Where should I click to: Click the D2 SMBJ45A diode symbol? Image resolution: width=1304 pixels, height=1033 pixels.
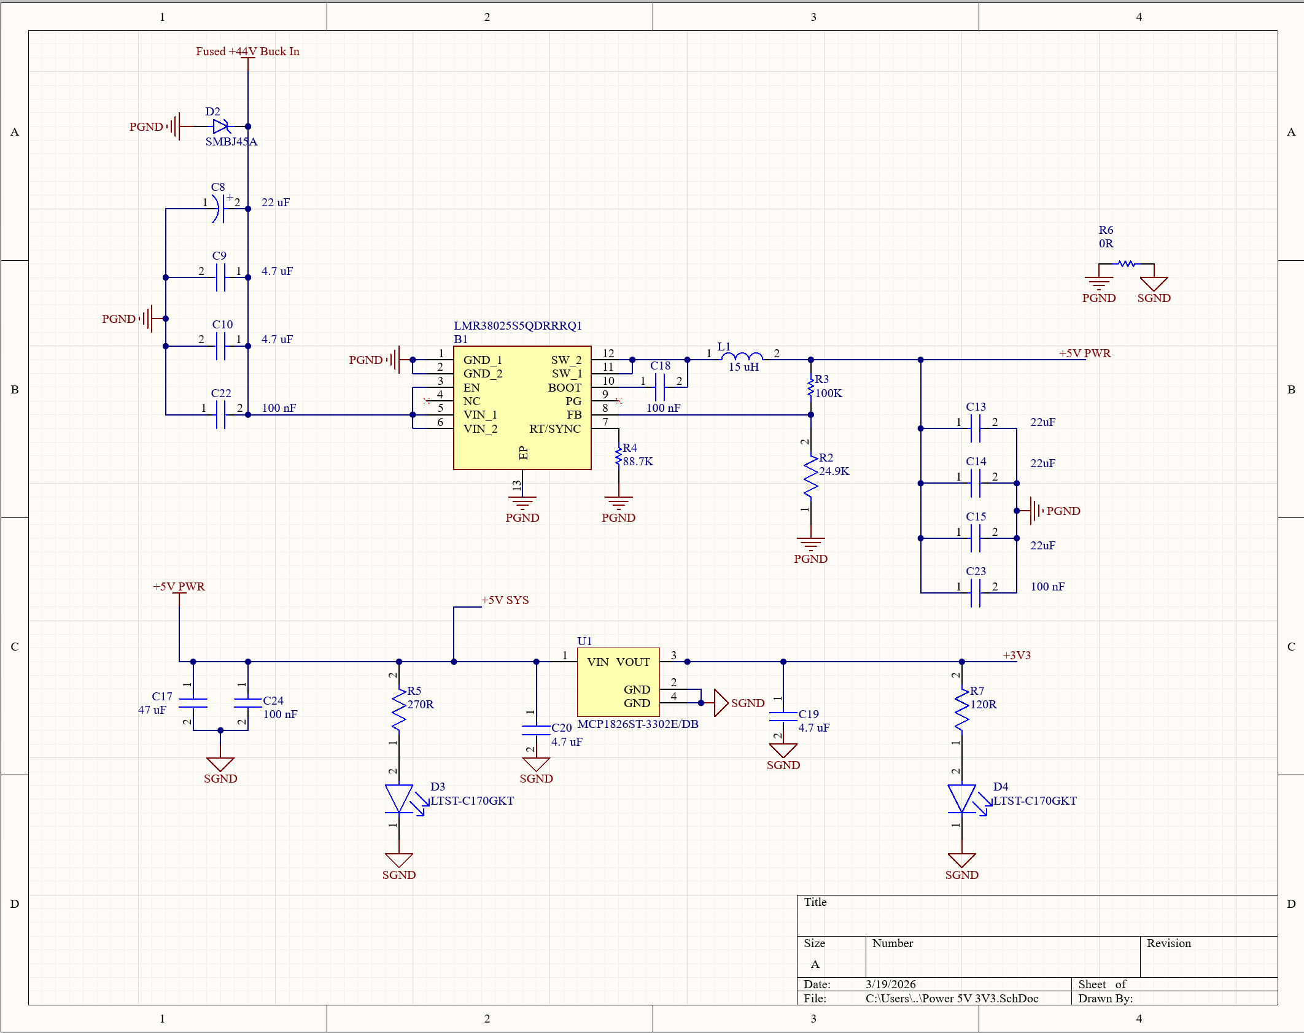click(x=220, y=126)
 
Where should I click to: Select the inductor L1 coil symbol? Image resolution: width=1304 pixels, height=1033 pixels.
click(x=742, y=357)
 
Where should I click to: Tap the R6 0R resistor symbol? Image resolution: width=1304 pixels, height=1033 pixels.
click(x=1126, y=264)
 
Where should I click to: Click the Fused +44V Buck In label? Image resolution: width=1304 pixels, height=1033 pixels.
click(x=247, y=52)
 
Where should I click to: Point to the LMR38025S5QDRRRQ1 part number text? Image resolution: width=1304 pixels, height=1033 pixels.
click(x=518, y=325)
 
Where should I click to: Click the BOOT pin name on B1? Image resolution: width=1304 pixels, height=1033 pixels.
click(x=564, y=387)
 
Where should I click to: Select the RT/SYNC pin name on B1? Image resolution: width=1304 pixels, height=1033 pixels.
click(x=554, y=428)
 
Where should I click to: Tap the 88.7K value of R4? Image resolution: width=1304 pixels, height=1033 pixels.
click(x=638, y=462)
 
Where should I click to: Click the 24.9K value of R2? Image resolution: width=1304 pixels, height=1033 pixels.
click(x=834, y=471)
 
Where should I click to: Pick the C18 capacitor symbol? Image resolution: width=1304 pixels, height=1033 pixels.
click(x=660, y=387)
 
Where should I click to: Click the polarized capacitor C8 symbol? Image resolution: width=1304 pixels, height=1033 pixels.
click(x=219, y=209)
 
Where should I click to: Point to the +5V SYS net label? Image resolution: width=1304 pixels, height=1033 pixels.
click(x=505, y=600)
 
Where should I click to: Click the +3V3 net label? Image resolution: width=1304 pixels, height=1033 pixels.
click(x=1017, y=655)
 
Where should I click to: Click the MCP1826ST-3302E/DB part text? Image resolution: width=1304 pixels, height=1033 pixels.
click(x=637, y=724)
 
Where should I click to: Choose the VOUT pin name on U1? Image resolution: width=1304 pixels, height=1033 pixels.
click(x=633, y=662)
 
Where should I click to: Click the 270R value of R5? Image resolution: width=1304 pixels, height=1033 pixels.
click(x=421, y=705)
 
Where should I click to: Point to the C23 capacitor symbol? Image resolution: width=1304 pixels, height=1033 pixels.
click(x=976, y=593)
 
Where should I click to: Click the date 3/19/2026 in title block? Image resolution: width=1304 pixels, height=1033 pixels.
click(x=890, y=984)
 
